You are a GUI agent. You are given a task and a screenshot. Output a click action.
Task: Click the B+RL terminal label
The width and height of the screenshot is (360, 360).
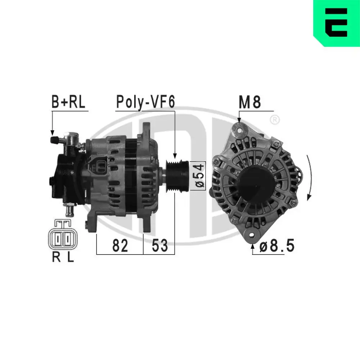click(68, 102)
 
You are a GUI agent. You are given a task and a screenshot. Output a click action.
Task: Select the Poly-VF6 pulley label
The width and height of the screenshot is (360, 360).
click(145, 102)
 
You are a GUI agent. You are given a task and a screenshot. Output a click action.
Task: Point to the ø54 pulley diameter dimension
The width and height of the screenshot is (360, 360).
click(201, 176)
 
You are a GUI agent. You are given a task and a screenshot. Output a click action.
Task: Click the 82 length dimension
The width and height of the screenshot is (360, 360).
click(120, 246)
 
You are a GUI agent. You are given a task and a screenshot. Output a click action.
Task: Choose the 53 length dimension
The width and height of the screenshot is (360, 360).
click(159, 246)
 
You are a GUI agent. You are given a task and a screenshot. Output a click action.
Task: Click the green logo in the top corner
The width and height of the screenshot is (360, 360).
click(337, 23)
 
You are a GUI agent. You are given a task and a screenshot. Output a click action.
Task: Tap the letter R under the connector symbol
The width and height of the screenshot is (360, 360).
click(56, 258)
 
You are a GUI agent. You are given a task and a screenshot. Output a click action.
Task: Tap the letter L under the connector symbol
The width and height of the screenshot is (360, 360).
click(71, 258)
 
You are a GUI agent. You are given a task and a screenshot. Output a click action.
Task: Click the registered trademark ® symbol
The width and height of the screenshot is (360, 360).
click(274, 120)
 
